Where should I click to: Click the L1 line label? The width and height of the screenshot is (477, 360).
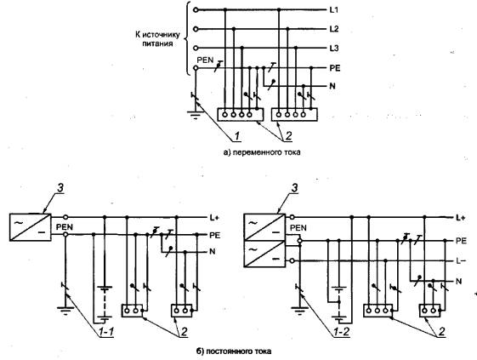point(333,10)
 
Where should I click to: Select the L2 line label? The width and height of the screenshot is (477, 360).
point(334,29)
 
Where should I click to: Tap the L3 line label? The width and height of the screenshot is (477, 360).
point(334,49)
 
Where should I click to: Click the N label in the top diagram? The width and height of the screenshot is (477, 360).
point(332,86)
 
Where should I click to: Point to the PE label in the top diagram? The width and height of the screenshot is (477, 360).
point(335,68)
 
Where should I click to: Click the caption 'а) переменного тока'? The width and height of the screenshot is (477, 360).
point(262,152)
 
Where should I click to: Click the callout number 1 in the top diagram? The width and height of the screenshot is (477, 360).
point(238,136)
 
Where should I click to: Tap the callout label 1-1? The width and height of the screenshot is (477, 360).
point(106,332)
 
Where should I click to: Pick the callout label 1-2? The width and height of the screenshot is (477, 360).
point(341,332)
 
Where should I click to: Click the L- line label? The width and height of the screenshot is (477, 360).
point(461,260)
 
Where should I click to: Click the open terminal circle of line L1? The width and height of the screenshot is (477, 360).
point(196,10)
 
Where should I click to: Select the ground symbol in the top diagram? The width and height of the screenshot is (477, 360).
point(196,115)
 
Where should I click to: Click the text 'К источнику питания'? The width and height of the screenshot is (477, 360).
point(157,39)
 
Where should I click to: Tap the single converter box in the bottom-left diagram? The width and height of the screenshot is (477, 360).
point(30,227)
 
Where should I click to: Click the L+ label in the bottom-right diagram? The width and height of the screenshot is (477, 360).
point(461,218)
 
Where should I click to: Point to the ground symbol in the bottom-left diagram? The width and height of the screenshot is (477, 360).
point(65,310)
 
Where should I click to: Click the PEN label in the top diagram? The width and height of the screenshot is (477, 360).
point(206,60)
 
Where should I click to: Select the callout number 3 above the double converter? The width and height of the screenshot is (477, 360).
point(294,188)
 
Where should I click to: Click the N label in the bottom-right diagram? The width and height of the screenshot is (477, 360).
point(459,282)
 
